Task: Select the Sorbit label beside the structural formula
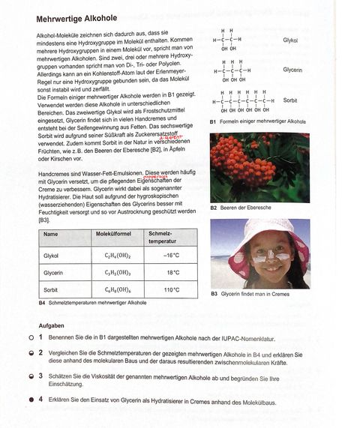[x=290, y=99]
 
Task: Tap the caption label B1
[x=214, y=121]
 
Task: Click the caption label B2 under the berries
[x=214, y=207]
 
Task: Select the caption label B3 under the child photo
[x=214, y=294]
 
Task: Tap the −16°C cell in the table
[x=172, y=256]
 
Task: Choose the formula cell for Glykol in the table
[x=115, y=256]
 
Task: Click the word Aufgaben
[x=52, y=326]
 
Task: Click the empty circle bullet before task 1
[x=29, y=338]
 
